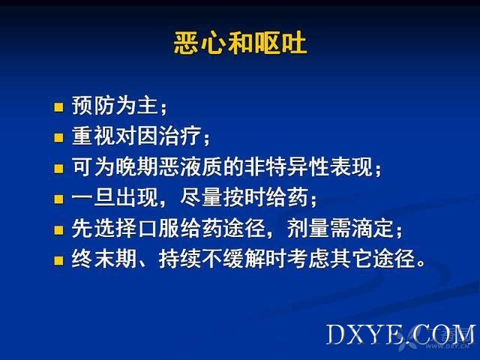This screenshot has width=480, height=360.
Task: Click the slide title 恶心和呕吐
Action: [240, 43]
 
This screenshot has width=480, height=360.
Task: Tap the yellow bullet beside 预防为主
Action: [58, 107]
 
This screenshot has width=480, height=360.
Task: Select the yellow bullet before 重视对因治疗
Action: [58, 138]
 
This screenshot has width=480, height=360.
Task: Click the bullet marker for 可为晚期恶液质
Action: [58, 169]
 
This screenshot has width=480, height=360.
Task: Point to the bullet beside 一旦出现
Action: [58, 199]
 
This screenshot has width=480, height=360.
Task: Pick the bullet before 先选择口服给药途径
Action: [58, 230]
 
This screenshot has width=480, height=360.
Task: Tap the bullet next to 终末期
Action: [58, 261]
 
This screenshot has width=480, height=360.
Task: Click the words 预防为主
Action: [115, 105]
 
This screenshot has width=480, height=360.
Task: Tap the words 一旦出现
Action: [115, 197]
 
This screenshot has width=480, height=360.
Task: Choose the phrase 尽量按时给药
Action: [244, 197]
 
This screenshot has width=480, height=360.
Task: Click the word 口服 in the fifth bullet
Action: [158, 228]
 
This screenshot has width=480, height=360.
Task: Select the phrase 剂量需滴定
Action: [340, 228]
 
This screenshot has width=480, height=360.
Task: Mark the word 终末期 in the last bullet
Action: [103, 259]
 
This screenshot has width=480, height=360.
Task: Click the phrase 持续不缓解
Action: [211, 259]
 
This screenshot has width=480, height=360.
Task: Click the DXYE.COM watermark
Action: [401, 334]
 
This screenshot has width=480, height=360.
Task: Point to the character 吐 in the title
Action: [294, 43]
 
